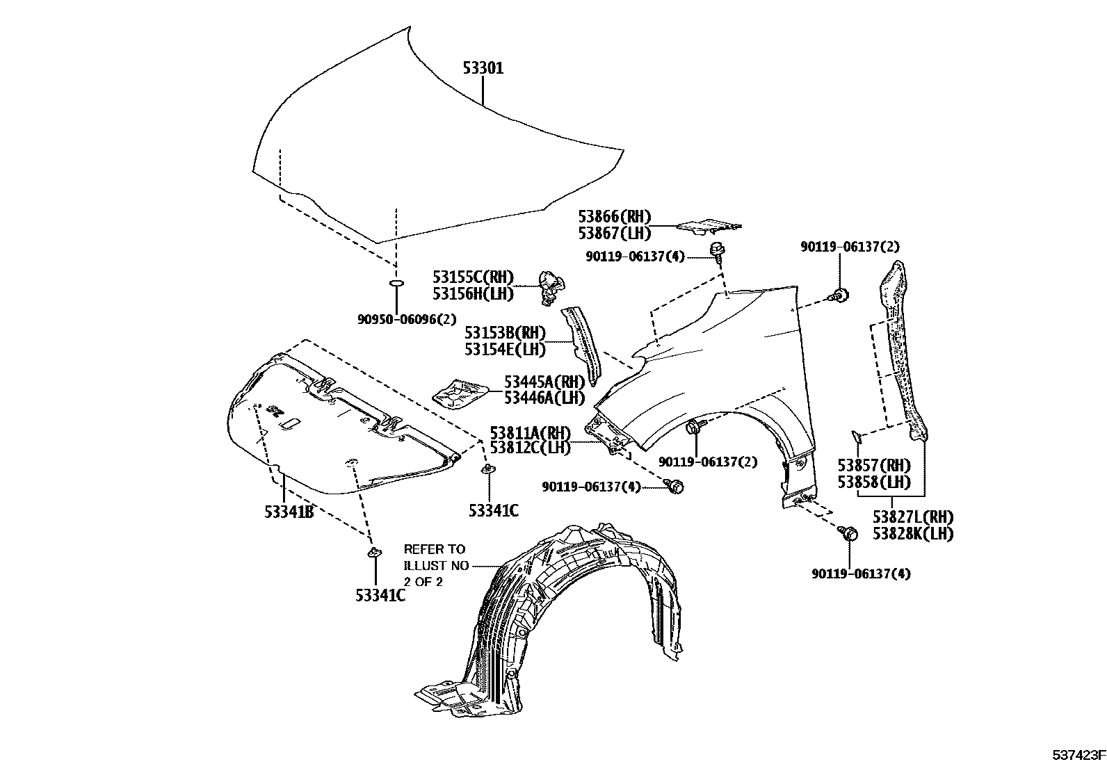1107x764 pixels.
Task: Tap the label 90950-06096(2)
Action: [x=407, y=319]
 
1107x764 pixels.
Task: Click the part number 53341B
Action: [x=289, y=512]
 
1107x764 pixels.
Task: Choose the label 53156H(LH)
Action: [x=473, y=294]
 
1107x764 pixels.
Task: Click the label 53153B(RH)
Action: [x=505, y=332]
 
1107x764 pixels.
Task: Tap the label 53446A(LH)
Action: [x=544, y=398]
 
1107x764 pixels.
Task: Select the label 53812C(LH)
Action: [x=530, y=448]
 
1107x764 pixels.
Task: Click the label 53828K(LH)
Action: [x=913, y=534]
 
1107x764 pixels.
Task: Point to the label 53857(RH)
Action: [x=873, y=465]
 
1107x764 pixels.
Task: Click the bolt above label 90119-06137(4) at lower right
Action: [x=849, y=533]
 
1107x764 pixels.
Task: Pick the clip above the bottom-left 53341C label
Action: [x=374, y=553]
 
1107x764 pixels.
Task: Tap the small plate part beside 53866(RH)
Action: [x=709, y=225]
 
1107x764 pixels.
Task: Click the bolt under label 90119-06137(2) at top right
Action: [x=839, y=295]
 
